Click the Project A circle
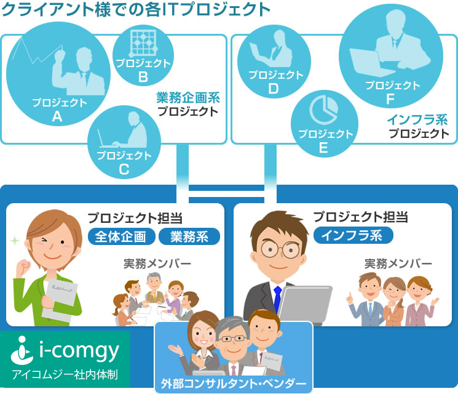click(x=58, y=74)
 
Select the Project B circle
click(x=143, y=55)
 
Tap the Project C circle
click(x=124, y=142)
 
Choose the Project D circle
click(x=274, y=62)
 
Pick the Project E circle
click(x=325, y=124)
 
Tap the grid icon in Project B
click(x=143, y=42)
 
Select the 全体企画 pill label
click(x=122, y=236)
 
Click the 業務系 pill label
click(x=189, y=236)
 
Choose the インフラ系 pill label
click(x=353, y=235)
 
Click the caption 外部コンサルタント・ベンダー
click(x=234, y=384)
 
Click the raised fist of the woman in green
click(x=23, y=268)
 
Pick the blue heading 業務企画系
click(x=188, y=98)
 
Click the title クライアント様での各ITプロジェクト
click(x=136, y=9)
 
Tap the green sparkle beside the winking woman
click(x=15, y=241)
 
